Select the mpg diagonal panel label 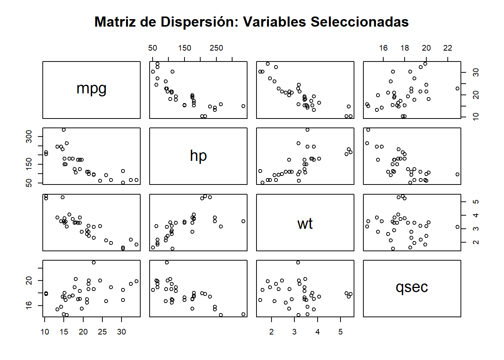click(91, 89)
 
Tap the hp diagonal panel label click(198, 156)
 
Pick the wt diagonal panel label click(305, 224)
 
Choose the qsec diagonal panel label click(412, 288)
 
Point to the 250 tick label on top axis click(216, 48)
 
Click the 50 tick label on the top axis click(153, 48)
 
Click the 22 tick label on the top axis click(448, 48)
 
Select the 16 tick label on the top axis click(383, 48)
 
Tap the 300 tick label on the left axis click(29, 136)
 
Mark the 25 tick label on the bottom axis click(102, 332)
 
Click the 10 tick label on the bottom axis click(45, 332)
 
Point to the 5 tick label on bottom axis click(340, 332)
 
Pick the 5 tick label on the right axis click(476, 202)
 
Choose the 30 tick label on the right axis click(476, 72)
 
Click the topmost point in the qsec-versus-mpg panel click(94, 262)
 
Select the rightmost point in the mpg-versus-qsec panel click(457, 88)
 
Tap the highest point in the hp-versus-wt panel click(307, 130)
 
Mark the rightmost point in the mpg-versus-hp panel click(243, 106)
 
